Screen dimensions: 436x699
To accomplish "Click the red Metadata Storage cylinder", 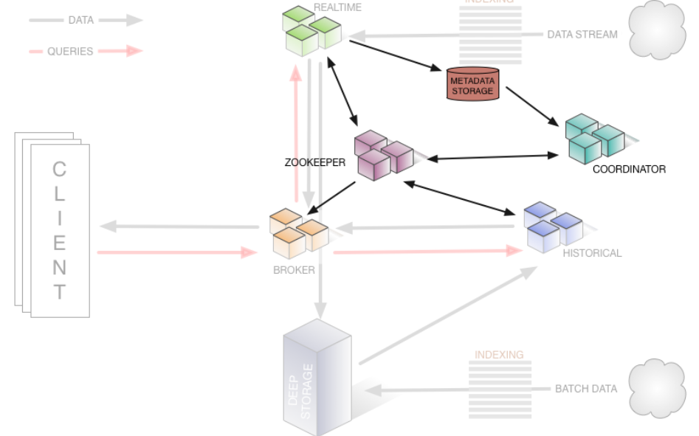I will [x=472, y=84].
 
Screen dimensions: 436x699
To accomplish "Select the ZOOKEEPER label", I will [x=315, y=162].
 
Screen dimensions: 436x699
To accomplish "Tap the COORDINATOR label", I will [x=629, y=169].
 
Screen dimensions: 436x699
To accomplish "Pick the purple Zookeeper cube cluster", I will [x=383, y=153].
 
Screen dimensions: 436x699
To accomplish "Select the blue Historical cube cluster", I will [x=553, y=225].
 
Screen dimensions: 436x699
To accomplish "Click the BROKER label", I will [x=294, y=270].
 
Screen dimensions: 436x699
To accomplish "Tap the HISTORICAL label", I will [x=592, y=253].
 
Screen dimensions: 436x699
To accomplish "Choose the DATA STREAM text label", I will [x=582, y=34].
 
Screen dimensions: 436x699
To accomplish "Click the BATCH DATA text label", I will [x=586, y=389].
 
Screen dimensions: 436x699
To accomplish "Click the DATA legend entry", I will [x=80, y=21].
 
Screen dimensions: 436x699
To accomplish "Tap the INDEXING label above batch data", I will [x=499, y=355].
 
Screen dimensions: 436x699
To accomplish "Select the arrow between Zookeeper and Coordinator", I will [x=494, y=157].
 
